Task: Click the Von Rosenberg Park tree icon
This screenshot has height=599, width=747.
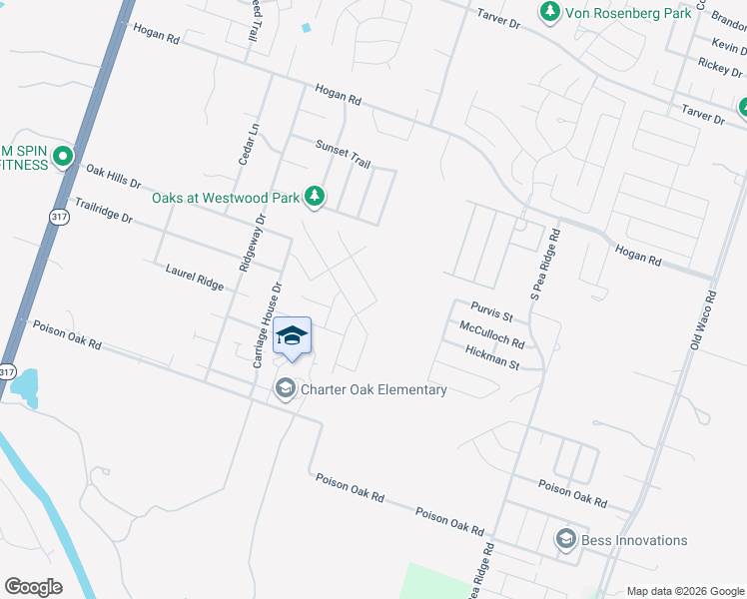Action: click(x=549, y=12)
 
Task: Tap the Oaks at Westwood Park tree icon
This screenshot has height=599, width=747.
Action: click(x=316, y=196)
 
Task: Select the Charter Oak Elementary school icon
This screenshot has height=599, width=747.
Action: click(x=286, y=388)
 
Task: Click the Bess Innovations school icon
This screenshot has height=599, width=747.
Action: click(x=566, y=540)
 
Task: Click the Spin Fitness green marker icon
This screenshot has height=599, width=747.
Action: click(x=64, y=156)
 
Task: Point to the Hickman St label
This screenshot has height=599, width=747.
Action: click(x=492, y=357)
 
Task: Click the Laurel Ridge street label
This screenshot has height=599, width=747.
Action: click(x=195, y=276)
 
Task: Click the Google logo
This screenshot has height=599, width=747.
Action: click(x=33, y=587)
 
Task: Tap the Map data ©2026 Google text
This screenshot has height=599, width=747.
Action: click(x=684, y=590)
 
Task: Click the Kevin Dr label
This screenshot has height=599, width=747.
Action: click(x=727, y=45)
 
